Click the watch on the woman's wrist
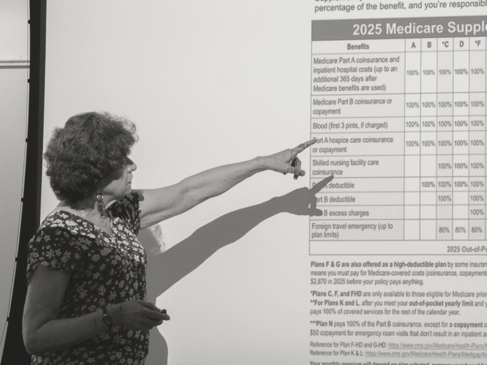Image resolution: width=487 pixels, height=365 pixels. (x=107, y=317)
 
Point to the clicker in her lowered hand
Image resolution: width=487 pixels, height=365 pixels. (x=161, y=313)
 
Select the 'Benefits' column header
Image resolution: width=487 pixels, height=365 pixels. (x=358, y=46)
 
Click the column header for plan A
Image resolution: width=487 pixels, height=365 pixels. (x=413, y=46)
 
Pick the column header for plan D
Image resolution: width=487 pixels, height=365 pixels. (x=461, y=46)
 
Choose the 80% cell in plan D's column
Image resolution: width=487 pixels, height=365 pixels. (x=461, y=231)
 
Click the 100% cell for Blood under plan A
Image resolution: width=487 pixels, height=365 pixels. (x=413, y=125)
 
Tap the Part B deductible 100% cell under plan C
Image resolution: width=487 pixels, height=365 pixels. (x=444, y=198)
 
